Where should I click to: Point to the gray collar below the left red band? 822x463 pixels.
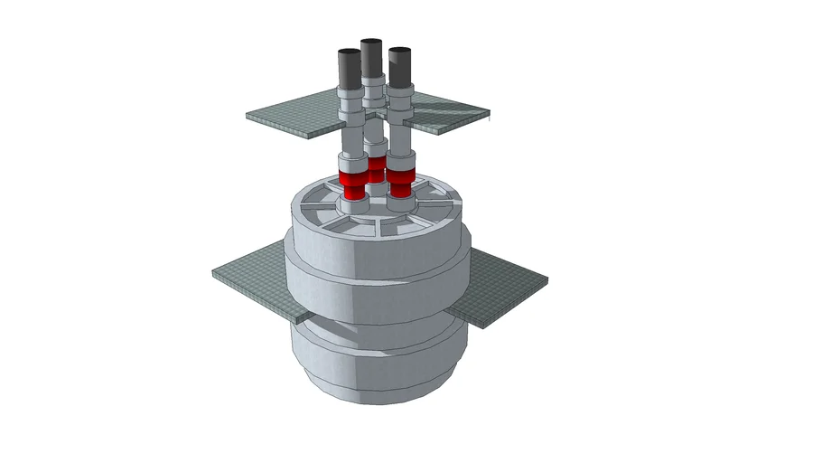click(354, 205)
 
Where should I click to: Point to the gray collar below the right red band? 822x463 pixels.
click(401, 203)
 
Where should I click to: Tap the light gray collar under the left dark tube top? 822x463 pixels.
click(350, 93)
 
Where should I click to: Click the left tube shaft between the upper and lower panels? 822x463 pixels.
click(351, 140)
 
